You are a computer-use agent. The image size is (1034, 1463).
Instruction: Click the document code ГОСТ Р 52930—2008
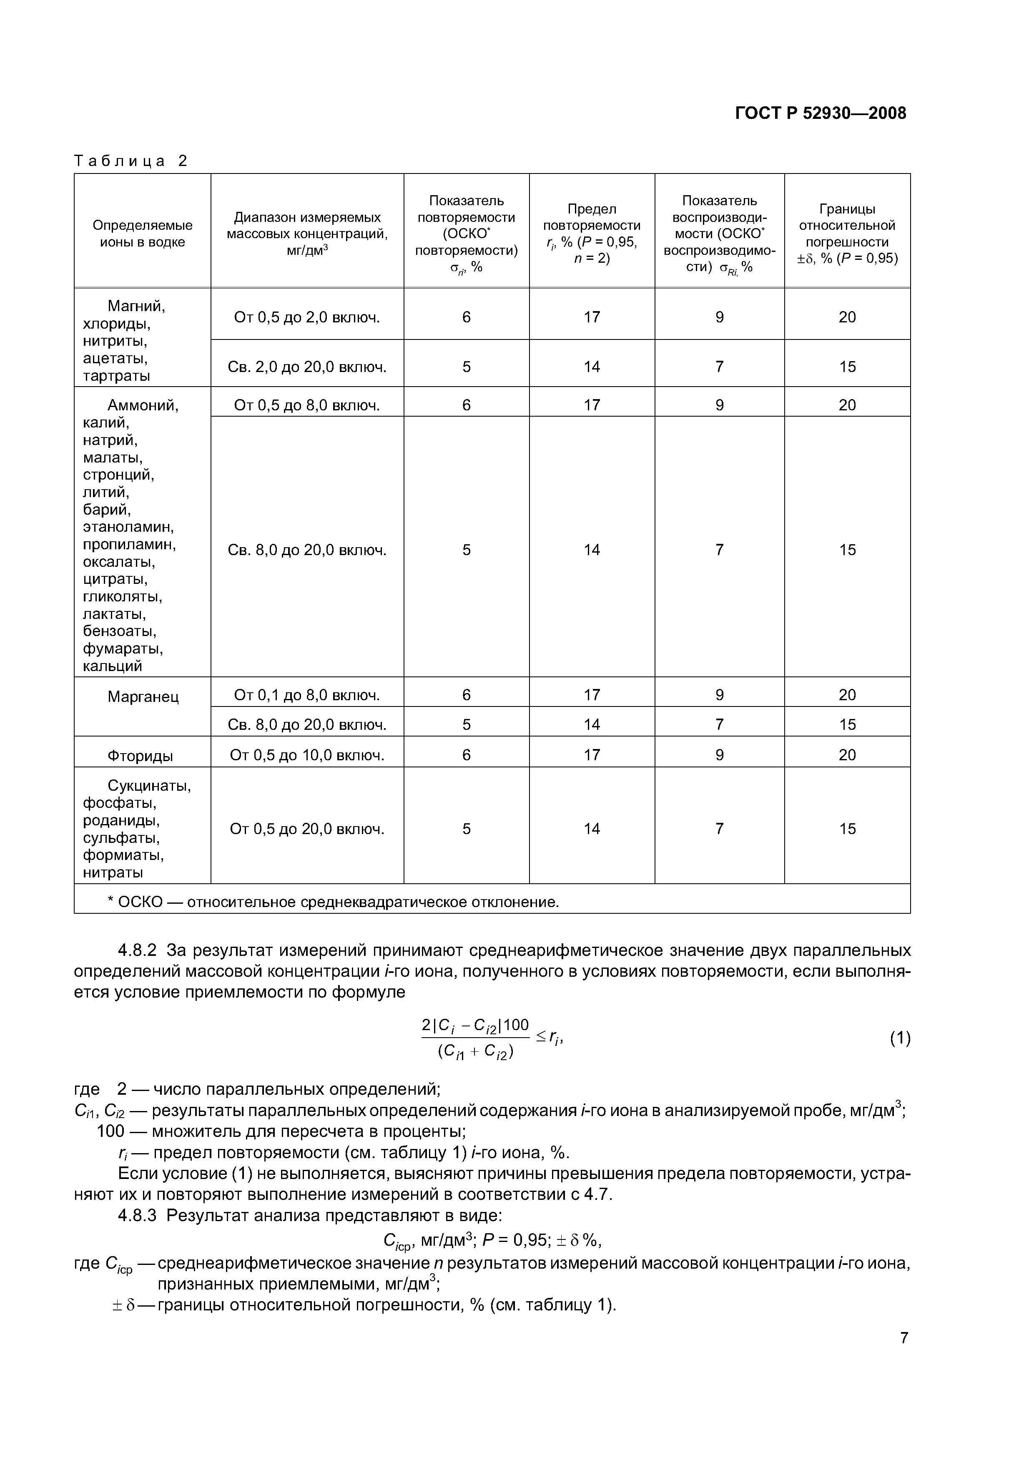point(820,113)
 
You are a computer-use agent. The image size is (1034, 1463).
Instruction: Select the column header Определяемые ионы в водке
point(142,233)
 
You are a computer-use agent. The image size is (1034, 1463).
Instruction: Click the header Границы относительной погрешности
point(847,233)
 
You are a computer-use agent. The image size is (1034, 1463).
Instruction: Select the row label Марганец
point(143,696)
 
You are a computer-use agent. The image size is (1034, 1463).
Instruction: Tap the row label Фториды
point(140,756)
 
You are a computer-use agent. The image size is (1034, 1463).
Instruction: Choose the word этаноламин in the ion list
point(128,527)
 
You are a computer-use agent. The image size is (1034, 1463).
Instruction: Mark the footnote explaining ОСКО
point(333,902)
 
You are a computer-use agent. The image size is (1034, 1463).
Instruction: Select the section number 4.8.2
point(137,950)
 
